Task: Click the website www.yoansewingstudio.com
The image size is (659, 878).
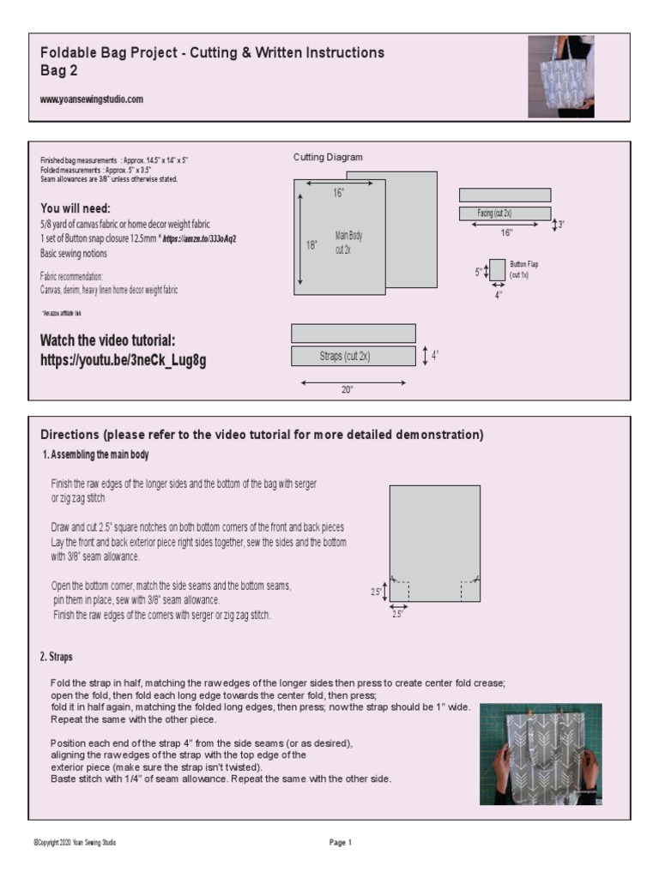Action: tap(92, 99)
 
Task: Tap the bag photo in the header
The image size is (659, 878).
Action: tap(560, 75)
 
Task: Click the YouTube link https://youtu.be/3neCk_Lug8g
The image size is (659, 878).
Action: tap(123, 361)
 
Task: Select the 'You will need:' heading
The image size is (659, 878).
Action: tap(76, 208)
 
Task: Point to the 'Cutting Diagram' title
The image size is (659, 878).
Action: tap(328, 157)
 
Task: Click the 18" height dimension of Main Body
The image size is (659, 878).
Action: tap(311, 244)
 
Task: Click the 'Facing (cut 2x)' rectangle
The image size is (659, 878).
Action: tap(505, 213)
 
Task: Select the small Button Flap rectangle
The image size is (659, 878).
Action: tap(497, 270)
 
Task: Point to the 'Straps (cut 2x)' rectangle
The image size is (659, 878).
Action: tap(354, 356)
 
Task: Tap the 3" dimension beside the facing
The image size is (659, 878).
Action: tap(560, 225)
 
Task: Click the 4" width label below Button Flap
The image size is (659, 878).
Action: tap(498, 295)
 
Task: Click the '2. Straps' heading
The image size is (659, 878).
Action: tap(56, 657)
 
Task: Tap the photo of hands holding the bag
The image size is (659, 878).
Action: tap(541, 754)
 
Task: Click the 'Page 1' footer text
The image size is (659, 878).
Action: tap(341, 843)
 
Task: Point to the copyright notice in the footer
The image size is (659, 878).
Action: tap(75, 843)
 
